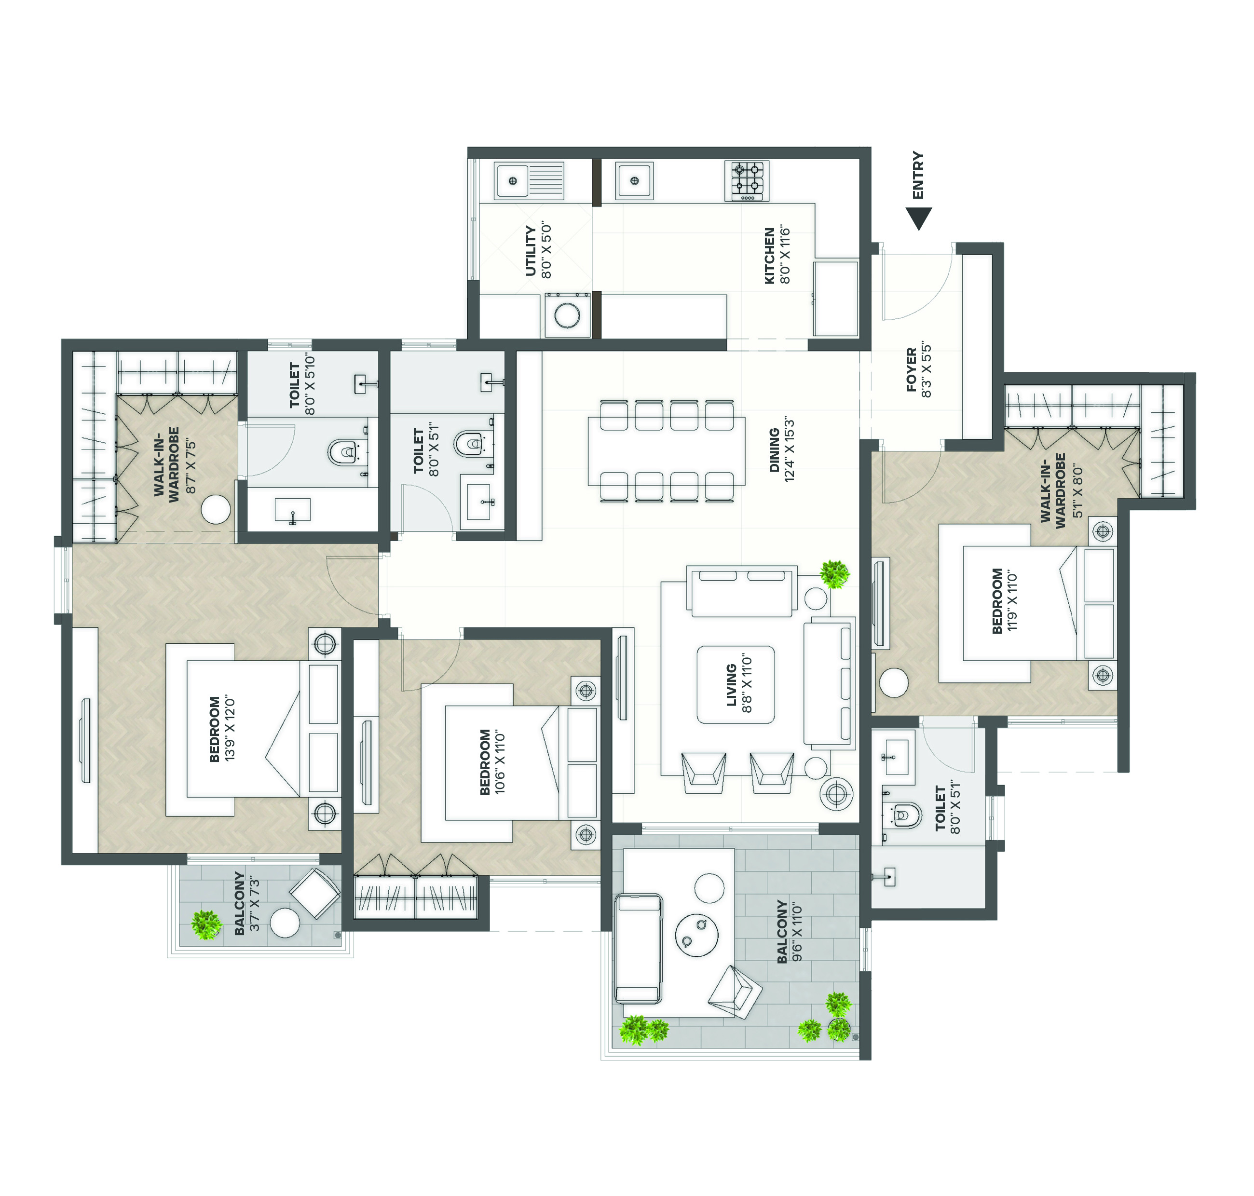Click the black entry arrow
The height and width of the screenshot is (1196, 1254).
coord(919,218)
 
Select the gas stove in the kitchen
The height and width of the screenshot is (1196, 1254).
coord(747,180)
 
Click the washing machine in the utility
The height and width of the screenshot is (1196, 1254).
coord(566,315)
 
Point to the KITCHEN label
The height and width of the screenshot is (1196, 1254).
coord(769,256)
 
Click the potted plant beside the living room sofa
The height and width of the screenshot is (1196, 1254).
coord(834,574)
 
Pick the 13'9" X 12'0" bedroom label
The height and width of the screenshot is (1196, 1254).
coord(222,729)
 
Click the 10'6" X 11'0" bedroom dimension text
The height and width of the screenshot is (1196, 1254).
coord(500,762)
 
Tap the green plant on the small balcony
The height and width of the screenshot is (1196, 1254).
coord(206,924)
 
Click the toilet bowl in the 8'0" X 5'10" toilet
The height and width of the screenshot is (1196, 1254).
coord(343,452)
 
